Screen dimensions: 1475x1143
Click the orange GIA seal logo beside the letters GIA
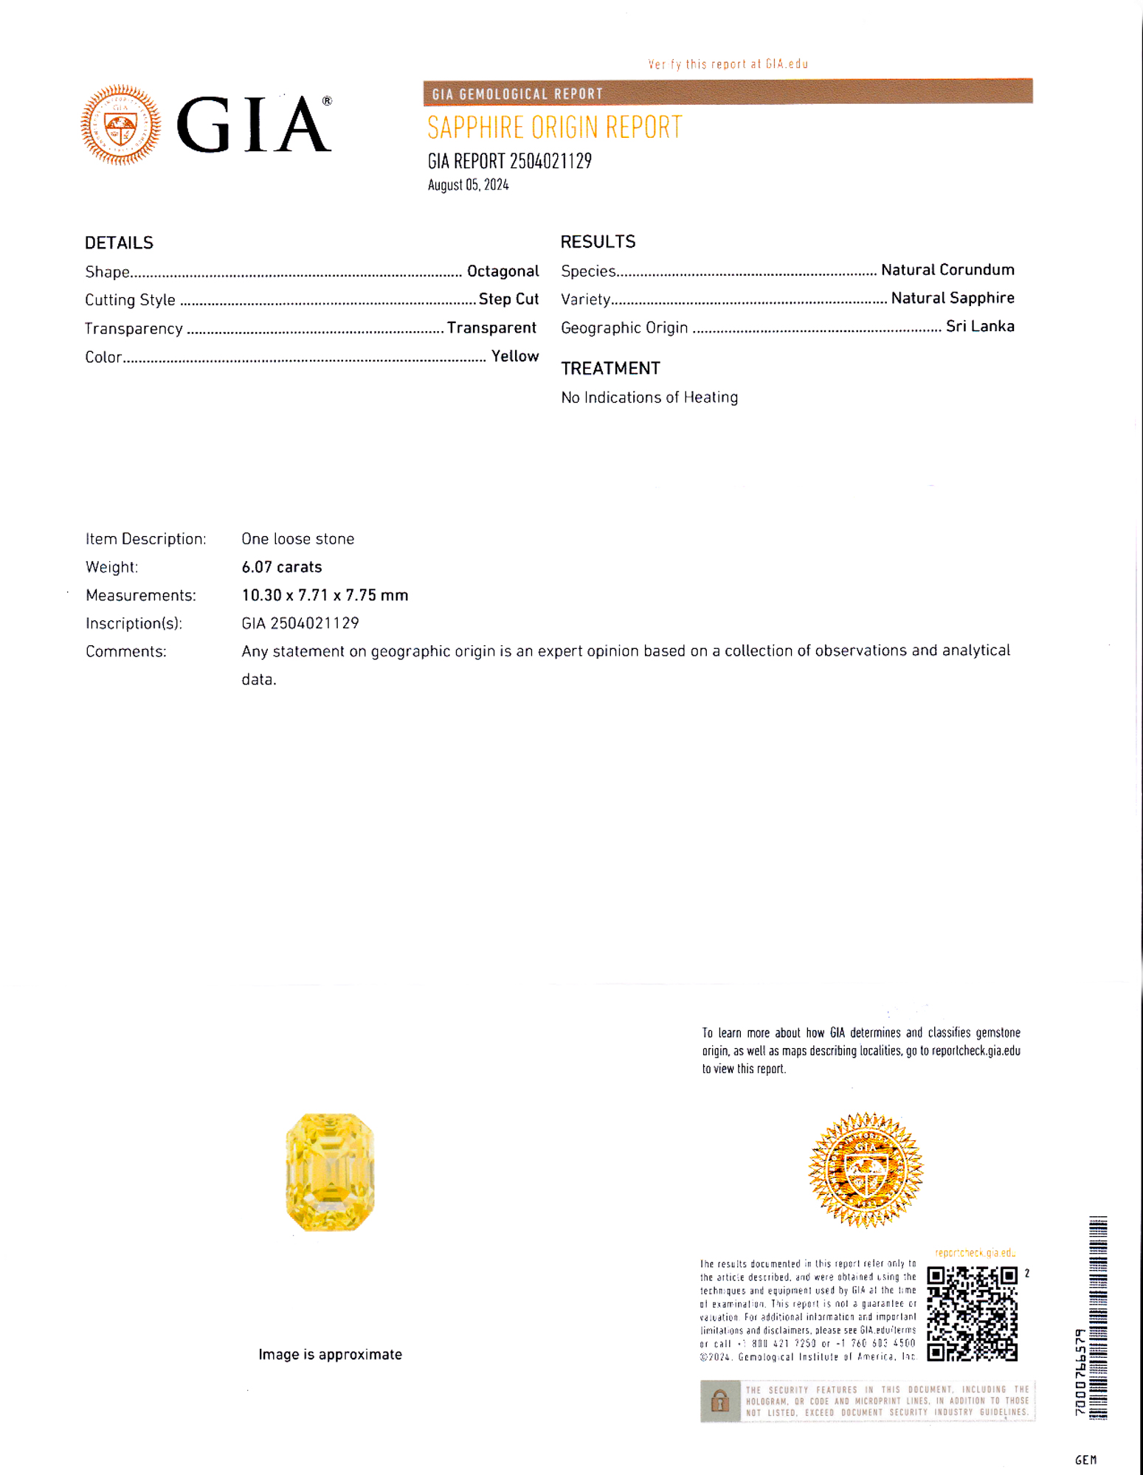(x=121, y=125)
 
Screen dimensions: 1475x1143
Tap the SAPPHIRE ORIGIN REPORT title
(x=555, y=128)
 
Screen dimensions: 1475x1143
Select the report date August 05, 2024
(x=468, y=185)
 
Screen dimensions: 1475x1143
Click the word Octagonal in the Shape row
(x=503, y=271)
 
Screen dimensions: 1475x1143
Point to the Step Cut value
(x=508, y=299)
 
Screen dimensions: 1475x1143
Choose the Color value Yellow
(x=515, y=357)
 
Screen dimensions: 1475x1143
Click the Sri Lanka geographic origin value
(x=980, y=327)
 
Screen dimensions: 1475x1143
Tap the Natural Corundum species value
(x=947, y=270)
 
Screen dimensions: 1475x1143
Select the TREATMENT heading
(x=610, y=368)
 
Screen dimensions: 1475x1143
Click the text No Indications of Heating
(x=649, y=398)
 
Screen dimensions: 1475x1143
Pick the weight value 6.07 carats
(x=282, y=567)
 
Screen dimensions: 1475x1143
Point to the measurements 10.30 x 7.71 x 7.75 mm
(x=325, y=595)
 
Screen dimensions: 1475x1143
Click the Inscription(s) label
(x=134, y=624)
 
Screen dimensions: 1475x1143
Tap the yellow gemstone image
(x=330, y=1172)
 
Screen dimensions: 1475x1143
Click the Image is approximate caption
(x=330, y=1355)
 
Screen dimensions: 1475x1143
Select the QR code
(x=972, y=1313)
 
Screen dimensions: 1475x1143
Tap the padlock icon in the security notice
(x=719, y=1401)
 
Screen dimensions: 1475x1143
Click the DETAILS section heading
(x=119, y=243)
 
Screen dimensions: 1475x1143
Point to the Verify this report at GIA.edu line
(x=728, y=64)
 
